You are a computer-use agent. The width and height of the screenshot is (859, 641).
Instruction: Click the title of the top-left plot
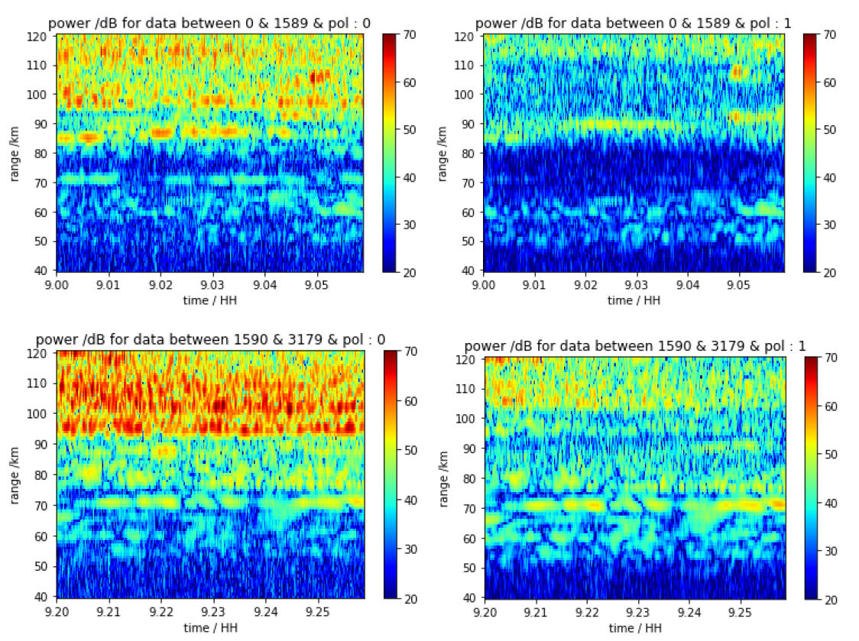tap(209, 24)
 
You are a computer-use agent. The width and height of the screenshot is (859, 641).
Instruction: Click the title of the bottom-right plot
tap(635, 345)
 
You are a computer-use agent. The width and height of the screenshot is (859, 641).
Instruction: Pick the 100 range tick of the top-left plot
tap(42, 95)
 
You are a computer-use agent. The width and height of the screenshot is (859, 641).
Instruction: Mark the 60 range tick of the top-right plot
tap(470, 212)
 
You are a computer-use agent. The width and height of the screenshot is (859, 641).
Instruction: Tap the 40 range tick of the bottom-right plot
tap(470, 597)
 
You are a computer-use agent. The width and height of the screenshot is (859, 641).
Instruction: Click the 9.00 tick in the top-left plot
tap(58, 284)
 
